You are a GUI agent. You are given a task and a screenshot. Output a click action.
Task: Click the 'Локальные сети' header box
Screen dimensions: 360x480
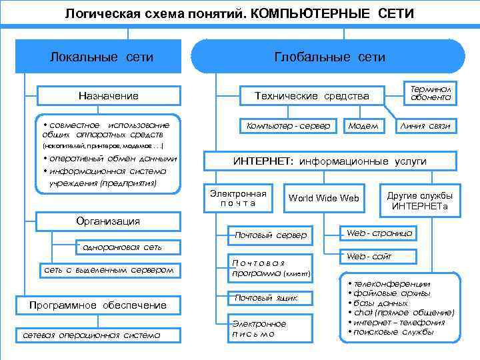coord(102,57)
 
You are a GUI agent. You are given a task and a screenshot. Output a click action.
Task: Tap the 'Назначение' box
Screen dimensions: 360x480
coord(108,96)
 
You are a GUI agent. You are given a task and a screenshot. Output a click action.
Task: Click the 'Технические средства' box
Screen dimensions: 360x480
coord(312,96)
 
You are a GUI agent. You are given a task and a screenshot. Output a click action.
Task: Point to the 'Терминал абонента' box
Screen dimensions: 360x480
coord(431,93)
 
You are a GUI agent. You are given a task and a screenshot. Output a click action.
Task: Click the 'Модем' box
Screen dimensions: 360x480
coord(363,125)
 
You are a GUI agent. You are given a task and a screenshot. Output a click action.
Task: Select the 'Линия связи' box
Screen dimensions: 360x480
coord(425,125)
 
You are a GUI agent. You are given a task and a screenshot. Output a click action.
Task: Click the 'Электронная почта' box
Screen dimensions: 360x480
coord(238,198)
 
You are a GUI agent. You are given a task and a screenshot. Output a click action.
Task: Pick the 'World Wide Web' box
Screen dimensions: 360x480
coord(324,198)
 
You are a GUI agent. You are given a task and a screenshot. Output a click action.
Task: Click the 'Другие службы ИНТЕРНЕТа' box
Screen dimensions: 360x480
coord(420,201)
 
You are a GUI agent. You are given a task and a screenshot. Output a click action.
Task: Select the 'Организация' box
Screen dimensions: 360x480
coord(108,221)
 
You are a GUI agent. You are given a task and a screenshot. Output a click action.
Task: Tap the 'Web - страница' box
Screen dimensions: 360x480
coord(379,233)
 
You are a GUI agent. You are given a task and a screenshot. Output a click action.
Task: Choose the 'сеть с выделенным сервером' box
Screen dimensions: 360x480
coord(108,270)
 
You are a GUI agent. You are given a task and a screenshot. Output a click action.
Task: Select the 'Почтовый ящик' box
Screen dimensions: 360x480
coord(265,297)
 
